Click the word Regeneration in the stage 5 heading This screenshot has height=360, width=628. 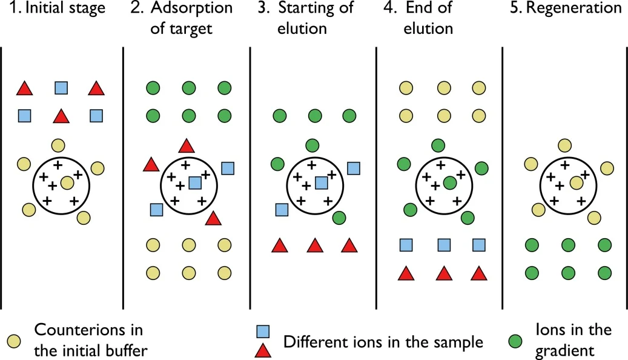click(x=573, y=8)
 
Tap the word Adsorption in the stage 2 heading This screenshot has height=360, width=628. click(x=191, y=8)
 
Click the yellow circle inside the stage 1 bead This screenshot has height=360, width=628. click(x=67, y=183)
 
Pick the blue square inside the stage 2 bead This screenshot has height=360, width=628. click(x=195, y=183)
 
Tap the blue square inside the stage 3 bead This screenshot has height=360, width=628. click(x=322, y=183)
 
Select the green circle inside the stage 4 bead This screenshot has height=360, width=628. click(x=450, y=183)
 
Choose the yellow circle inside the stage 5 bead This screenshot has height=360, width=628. click(x=577, y=183)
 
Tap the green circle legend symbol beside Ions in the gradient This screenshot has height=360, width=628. click(x=515, y=341)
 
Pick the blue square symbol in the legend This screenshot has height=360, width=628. click(x=263, y=332)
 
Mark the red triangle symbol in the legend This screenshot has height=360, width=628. click(x=263, y=350)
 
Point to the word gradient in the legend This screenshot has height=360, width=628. click(x=565, y=351)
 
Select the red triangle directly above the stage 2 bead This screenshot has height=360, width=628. click(x=187, y=146)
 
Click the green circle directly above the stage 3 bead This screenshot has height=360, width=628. click(x=312, y=145)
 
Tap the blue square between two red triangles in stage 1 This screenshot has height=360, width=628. click(x=61, y=88)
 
